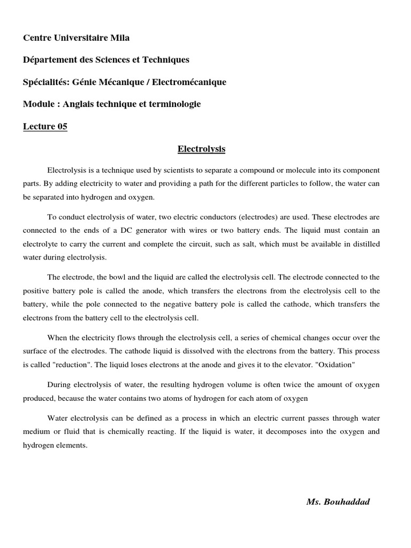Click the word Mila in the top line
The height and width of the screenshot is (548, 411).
[x=119, y=38]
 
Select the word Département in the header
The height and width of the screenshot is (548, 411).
[x=48, y=60]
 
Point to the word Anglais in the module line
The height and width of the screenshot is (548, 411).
[x=80, y=104]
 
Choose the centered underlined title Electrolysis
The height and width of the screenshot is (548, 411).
[x=201, y=149]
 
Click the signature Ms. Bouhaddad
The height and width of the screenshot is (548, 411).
[x=338, y=501]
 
